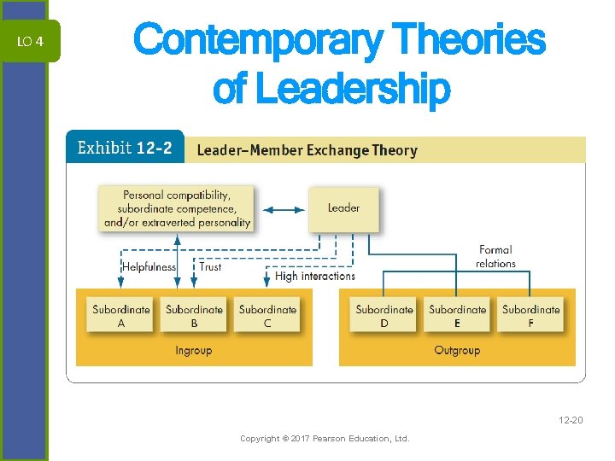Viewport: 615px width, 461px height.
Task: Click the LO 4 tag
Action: (30, 42)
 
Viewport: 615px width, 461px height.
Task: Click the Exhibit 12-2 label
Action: (125, 148)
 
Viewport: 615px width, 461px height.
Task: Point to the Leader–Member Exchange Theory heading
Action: (307, 150)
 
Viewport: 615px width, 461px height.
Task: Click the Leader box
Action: (343, 207)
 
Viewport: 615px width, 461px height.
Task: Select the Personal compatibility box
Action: (177, 208)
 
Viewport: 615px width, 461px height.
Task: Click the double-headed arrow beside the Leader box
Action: (281, 207)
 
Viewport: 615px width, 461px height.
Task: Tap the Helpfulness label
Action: (149, 266)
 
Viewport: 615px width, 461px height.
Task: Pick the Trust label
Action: (210, 266)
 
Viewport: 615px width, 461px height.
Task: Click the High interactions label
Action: (315, 276)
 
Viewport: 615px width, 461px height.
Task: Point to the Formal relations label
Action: (495, 256)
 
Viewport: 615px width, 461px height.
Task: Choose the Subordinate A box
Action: (121, 316)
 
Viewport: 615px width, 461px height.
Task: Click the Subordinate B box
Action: (194, 316)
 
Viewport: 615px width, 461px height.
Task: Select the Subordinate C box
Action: (267, 316)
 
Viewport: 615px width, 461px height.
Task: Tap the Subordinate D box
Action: (384, 316)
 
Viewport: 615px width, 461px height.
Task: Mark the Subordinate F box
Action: (530, 316)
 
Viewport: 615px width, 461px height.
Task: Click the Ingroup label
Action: (193, 350)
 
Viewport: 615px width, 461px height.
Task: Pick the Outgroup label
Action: (457, 350)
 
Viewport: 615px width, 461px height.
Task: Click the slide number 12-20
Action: (570, 419)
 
